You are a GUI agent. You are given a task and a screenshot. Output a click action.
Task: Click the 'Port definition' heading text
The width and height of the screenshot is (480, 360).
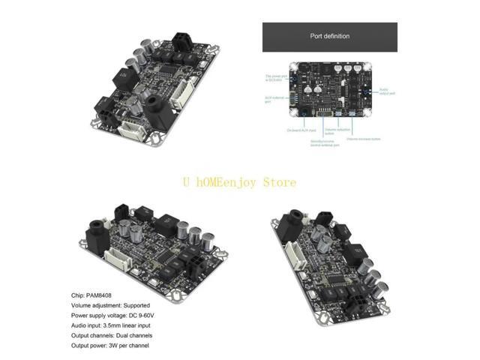[330, 35]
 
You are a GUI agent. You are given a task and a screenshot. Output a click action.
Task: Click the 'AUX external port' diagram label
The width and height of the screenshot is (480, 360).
[274, 98]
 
